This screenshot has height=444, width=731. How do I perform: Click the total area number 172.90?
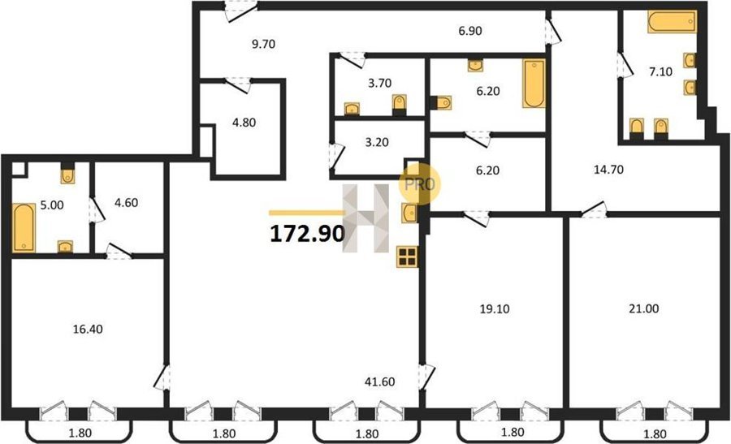(307, 234)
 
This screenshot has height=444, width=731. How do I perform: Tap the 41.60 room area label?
(380, 382)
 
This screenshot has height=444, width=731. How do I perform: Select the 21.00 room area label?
(644, 308)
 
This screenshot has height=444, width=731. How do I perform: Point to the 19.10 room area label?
(495, 308)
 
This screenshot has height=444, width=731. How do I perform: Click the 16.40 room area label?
(88, 330)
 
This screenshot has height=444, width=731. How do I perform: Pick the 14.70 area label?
(608, 170)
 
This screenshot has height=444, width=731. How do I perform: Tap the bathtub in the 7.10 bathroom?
(672, 22)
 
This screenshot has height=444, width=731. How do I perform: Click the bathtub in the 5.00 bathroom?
(24, 228)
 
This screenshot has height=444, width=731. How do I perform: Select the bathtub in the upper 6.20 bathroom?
(534, 84)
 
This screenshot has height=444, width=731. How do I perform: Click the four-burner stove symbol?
(407, 256)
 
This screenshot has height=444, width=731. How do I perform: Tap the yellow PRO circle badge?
(419, 184)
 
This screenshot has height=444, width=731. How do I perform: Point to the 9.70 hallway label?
(263, 45)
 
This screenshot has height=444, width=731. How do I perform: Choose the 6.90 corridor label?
(470, 31)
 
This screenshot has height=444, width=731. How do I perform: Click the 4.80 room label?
(244, 123)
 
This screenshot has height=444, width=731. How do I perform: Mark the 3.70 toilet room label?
(379, 84)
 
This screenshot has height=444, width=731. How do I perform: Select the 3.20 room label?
(377, 143)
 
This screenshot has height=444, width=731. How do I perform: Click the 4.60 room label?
(127, 203)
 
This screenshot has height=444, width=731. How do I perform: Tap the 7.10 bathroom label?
(660, 71)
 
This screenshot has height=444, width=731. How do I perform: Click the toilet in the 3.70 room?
(399, 105)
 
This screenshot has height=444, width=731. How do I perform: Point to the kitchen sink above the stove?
(409, 213)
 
